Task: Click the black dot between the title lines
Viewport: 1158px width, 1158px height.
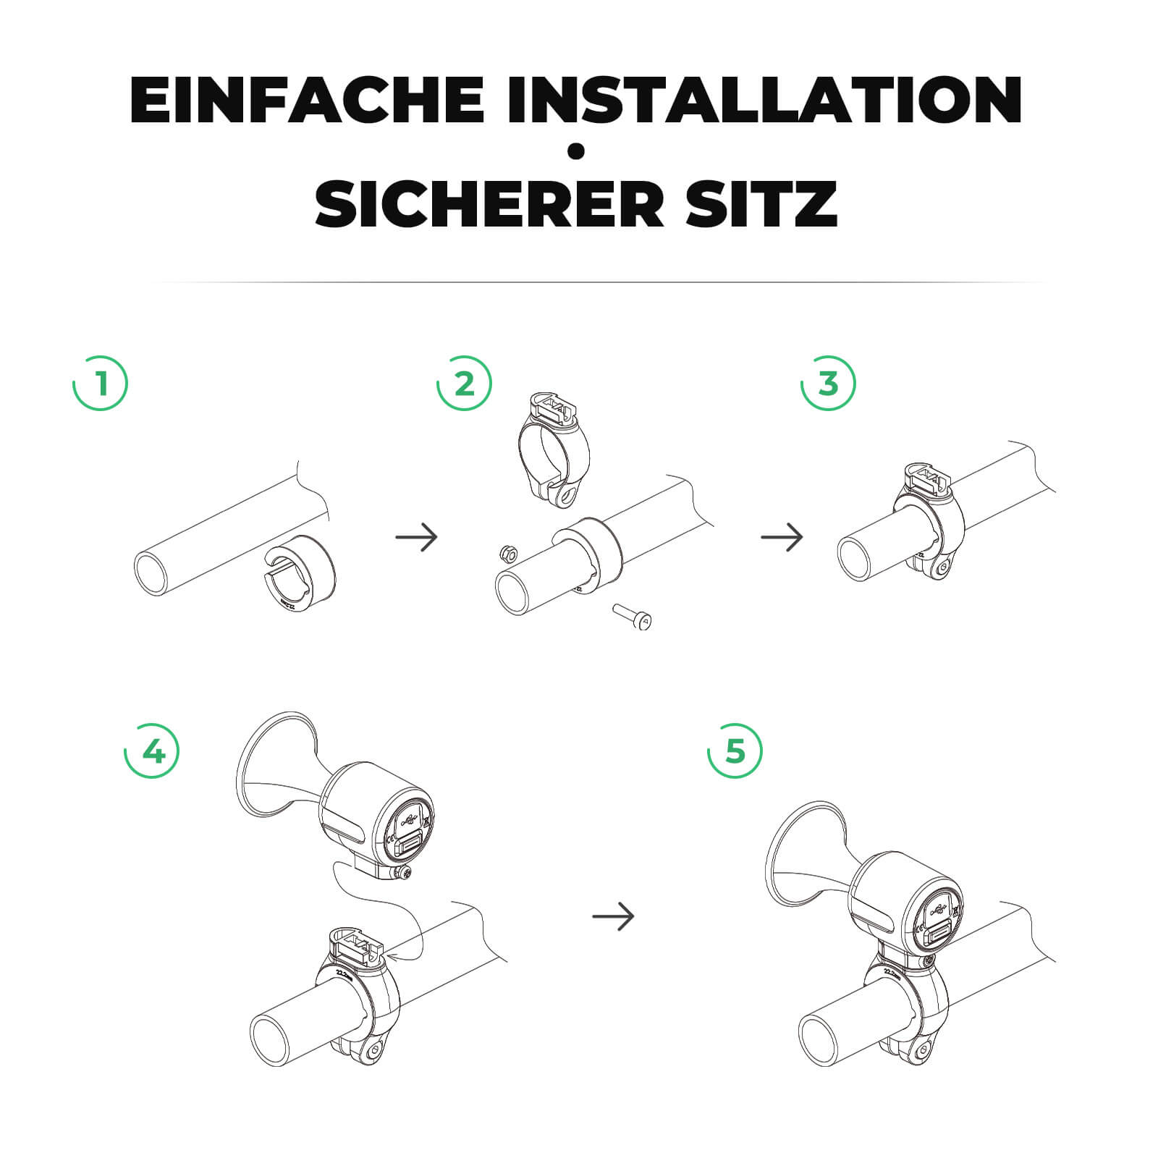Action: (x=577, y=151)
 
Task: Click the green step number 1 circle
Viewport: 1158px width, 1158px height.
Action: (x=101, y=383)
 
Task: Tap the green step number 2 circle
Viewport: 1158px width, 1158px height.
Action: (x=464, y=383)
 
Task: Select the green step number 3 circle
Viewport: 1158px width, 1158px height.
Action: (x=828, y=383)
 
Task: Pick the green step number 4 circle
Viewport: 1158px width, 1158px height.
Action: (x=152, y=751)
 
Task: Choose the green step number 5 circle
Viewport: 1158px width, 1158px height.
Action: (x=734, y=751)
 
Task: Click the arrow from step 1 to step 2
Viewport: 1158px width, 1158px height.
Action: (x=417, y=537)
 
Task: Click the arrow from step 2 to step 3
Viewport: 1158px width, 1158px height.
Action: (x=782, y=537)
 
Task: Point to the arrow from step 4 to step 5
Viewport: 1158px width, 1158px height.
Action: (x=613, y=916)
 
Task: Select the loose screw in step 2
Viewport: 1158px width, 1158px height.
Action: (x=634, y=617)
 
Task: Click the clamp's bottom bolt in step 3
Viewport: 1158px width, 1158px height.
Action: (x=941, y=570)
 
